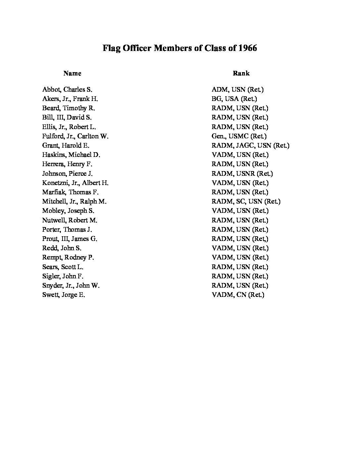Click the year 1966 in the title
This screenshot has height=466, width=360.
coord(247,48)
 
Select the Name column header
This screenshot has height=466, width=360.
coord(72,73)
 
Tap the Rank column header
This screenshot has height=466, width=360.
coord(241,73)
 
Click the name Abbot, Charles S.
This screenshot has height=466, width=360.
coord(67,89)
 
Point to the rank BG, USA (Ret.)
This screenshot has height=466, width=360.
coord(234,99)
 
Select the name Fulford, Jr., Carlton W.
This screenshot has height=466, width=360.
coord(75,136)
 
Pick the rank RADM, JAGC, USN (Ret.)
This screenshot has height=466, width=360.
coord(250,145)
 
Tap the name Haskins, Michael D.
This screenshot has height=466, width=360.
coord(71,155)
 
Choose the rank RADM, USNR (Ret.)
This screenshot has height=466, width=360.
coord(242,173)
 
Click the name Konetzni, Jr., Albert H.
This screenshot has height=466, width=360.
coord(75,183)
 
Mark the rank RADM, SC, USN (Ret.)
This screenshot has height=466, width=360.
coord(246,201)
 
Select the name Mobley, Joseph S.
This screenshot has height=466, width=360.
coord(68,211)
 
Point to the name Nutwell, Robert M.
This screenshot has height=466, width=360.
coord(69,220)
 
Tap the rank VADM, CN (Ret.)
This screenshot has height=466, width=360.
coord(238,295)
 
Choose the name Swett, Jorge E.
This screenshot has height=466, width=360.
coord(64,295)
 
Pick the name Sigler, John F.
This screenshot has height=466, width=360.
coord(63,276)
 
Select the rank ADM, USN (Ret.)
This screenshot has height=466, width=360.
coord(238,89)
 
